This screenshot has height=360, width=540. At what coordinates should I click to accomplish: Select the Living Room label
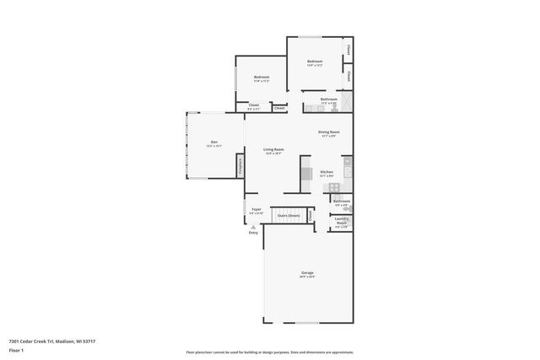273,149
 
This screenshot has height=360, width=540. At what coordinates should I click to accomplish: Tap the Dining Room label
328,132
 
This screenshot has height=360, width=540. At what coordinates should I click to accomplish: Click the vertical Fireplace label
240,164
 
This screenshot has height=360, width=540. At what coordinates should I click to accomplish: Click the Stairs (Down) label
289,216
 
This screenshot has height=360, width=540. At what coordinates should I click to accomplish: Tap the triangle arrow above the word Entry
253,226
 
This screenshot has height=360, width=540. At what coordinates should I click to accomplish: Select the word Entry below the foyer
253,233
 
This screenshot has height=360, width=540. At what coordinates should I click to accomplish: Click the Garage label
308,273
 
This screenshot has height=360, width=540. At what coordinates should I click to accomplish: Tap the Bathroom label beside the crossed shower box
328,99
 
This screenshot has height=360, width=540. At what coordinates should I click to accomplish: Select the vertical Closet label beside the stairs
311,216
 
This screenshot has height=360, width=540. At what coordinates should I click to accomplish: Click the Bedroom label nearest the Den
262,78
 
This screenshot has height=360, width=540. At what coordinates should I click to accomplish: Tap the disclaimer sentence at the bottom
269,352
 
